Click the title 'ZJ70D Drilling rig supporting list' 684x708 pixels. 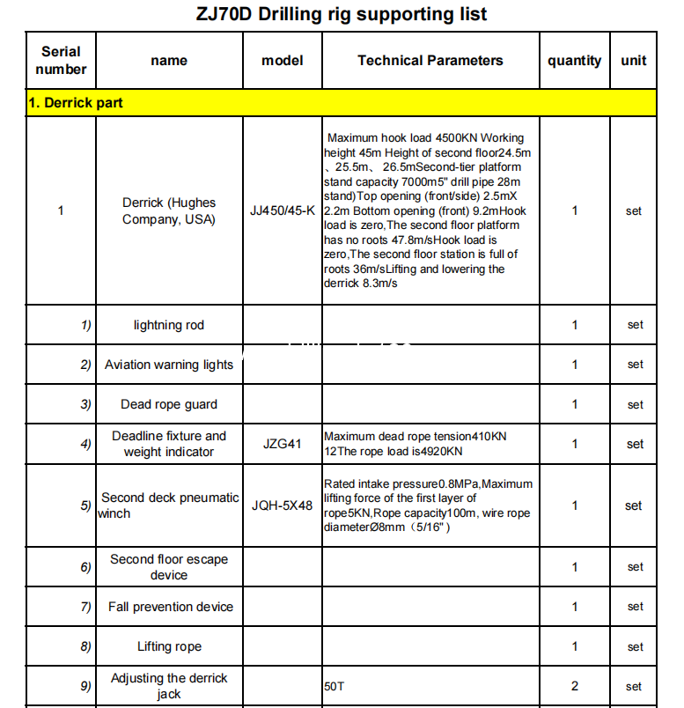tap(341, 14)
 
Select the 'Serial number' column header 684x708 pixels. tap(61, 61)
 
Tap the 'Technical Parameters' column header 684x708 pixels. tap(430, 61)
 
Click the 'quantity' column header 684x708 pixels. tap(574, 61)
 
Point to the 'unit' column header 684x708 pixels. tap(633, 61)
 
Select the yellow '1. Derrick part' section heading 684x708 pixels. tap(76, 103)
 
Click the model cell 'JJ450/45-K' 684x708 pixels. tap(283, 210)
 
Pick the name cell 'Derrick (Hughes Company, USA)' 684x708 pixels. tap(168, 210)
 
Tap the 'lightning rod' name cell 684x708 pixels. tap(168, 325)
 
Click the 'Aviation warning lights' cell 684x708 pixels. tap(168, 365)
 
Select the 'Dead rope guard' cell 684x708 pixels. tap(168, 404)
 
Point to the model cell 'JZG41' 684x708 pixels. tap(282, 444)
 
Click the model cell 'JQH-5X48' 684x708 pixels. tap(282, 505)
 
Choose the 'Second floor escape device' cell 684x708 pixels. tap(168, 567)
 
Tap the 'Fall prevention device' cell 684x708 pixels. tap(170, 607)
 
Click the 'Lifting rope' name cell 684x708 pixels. tap(168, 646)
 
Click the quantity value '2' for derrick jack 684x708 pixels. tap(575, 686)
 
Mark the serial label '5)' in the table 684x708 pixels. tap(85, 505)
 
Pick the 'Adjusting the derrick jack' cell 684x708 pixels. tap(168, 686)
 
